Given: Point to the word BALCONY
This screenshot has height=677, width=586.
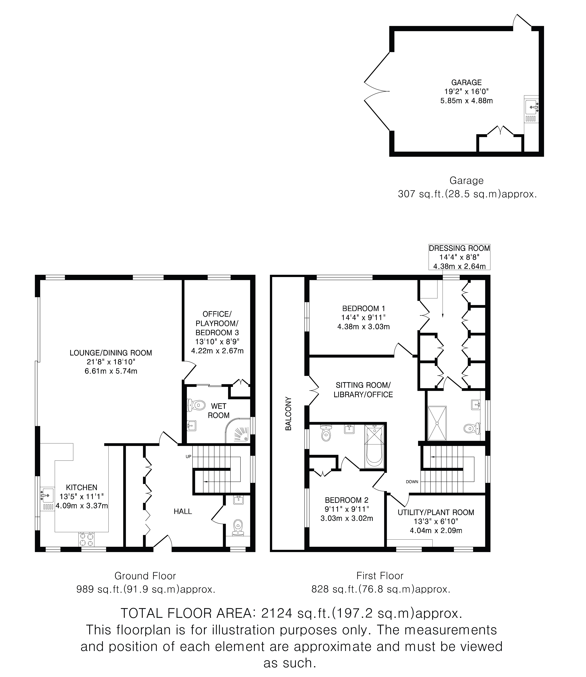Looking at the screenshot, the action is [x=288, y=413].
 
